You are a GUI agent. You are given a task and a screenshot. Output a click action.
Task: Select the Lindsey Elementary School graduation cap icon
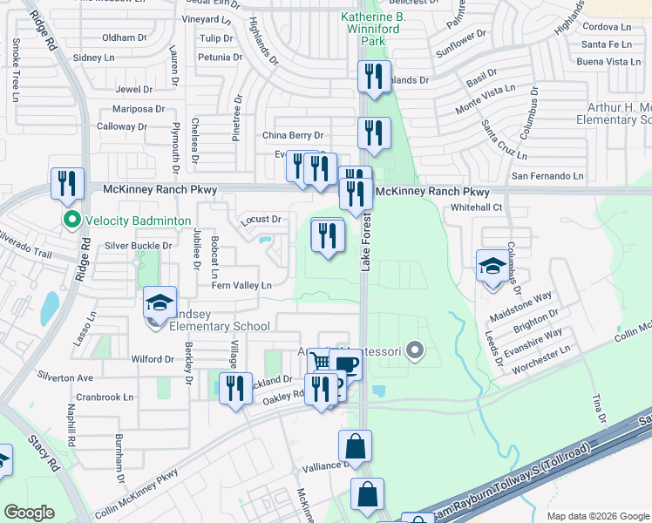click(160, 302)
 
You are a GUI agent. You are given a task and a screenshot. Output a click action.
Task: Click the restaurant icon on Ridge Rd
click(67, 184)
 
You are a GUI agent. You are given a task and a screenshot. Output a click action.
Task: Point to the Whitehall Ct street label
click(477, 207)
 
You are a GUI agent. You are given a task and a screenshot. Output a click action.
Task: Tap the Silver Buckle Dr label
click(132, 246)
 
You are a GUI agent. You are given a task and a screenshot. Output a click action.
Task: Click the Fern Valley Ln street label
click(242, 285)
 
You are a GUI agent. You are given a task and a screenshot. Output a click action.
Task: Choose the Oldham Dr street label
click(124, 38)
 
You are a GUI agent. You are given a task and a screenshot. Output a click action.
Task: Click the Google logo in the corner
click(30, 513)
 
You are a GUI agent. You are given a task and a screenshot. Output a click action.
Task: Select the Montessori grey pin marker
click(415, 352)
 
